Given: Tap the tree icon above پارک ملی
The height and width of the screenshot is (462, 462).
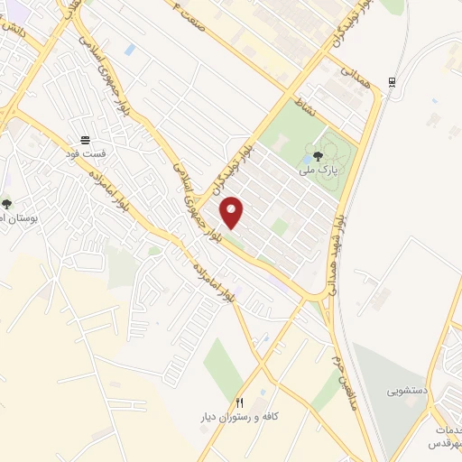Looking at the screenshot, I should [x=318, y=155].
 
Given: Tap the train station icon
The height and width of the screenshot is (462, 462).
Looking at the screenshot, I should [x=391, y=82].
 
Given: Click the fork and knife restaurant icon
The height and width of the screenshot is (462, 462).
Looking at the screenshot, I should [x=240, y=402].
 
